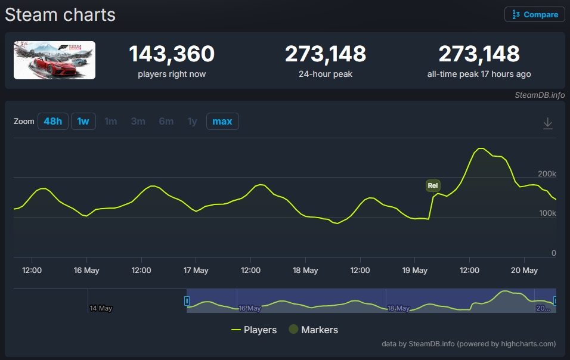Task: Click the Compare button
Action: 534,14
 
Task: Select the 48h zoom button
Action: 52,122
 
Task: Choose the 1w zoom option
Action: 83,122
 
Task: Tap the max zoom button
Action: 222,122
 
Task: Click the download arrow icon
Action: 547,123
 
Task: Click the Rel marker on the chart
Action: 433,185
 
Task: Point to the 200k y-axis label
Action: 547,173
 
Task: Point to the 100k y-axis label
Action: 547,213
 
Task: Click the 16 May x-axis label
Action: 86,270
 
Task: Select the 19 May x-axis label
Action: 415,270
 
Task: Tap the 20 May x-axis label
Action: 524,270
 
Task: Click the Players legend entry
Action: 254,330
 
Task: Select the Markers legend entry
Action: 314,330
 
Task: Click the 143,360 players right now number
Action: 172,54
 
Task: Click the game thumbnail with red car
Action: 54,60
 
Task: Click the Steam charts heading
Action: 60,15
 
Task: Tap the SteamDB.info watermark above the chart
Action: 540,95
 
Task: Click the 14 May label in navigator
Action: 101,308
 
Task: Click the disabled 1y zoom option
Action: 192,122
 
